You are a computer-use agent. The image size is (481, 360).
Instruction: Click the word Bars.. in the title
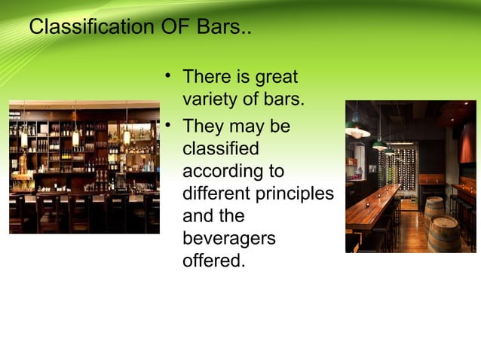[x=225, y=29]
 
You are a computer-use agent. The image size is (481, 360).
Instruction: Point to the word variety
[x=207, y=100]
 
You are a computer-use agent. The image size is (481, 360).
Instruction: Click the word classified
[x=221, y=148]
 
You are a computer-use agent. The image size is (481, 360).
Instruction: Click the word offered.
[x=213, y=263]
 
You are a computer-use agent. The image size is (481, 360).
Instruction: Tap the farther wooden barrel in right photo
[x=434, y=209]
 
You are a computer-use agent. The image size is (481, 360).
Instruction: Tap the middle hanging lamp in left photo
[x=75, y=138]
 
